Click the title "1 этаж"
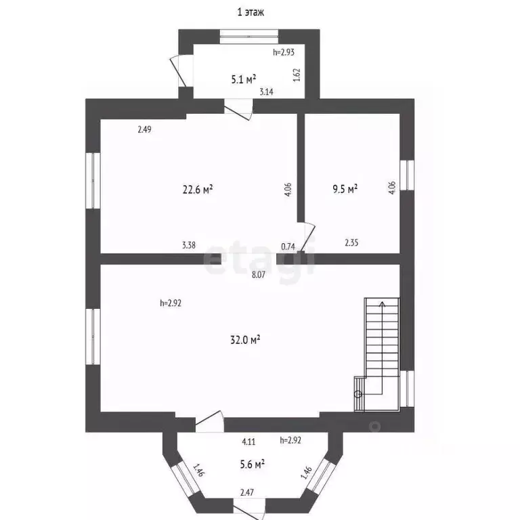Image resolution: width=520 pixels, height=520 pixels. tap(251, 12)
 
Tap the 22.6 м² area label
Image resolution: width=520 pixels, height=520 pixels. tap(198, 190)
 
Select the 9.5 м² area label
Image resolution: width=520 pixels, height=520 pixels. tap(345, 189)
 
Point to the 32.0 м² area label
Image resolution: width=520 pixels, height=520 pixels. tap(245, 340)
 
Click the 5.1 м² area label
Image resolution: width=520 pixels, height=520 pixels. tap(244, 79)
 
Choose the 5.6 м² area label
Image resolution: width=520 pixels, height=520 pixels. tap(253, 464)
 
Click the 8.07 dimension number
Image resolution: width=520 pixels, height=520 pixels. tap(259, 275)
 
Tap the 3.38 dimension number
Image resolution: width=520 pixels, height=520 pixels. tap(189, 245)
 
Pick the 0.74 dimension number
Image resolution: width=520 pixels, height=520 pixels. tap(288, 246)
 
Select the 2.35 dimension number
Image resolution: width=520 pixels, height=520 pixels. tap(351, 243)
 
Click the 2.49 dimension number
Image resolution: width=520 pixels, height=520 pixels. tap(145, 129)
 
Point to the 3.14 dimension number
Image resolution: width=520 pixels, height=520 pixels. tap(266, 92)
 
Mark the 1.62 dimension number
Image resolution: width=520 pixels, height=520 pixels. tap(297, 75)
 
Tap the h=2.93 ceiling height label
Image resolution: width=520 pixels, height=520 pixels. tap(284, 52)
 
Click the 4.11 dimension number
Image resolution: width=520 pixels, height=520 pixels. tap(248, 441)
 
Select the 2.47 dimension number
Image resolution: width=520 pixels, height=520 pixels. tap(247, 492)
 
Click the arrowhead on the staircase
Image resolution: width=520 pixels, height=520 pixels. tap(383, 303)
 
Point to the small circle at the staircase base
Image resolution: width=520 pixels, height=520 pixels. tap(357, 394)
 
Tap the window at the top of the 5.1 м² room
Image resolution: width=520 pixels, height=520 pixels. tap(249, 37)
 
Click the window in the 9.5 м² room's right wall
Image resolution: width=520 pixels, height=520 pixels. tap(407, 175)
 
